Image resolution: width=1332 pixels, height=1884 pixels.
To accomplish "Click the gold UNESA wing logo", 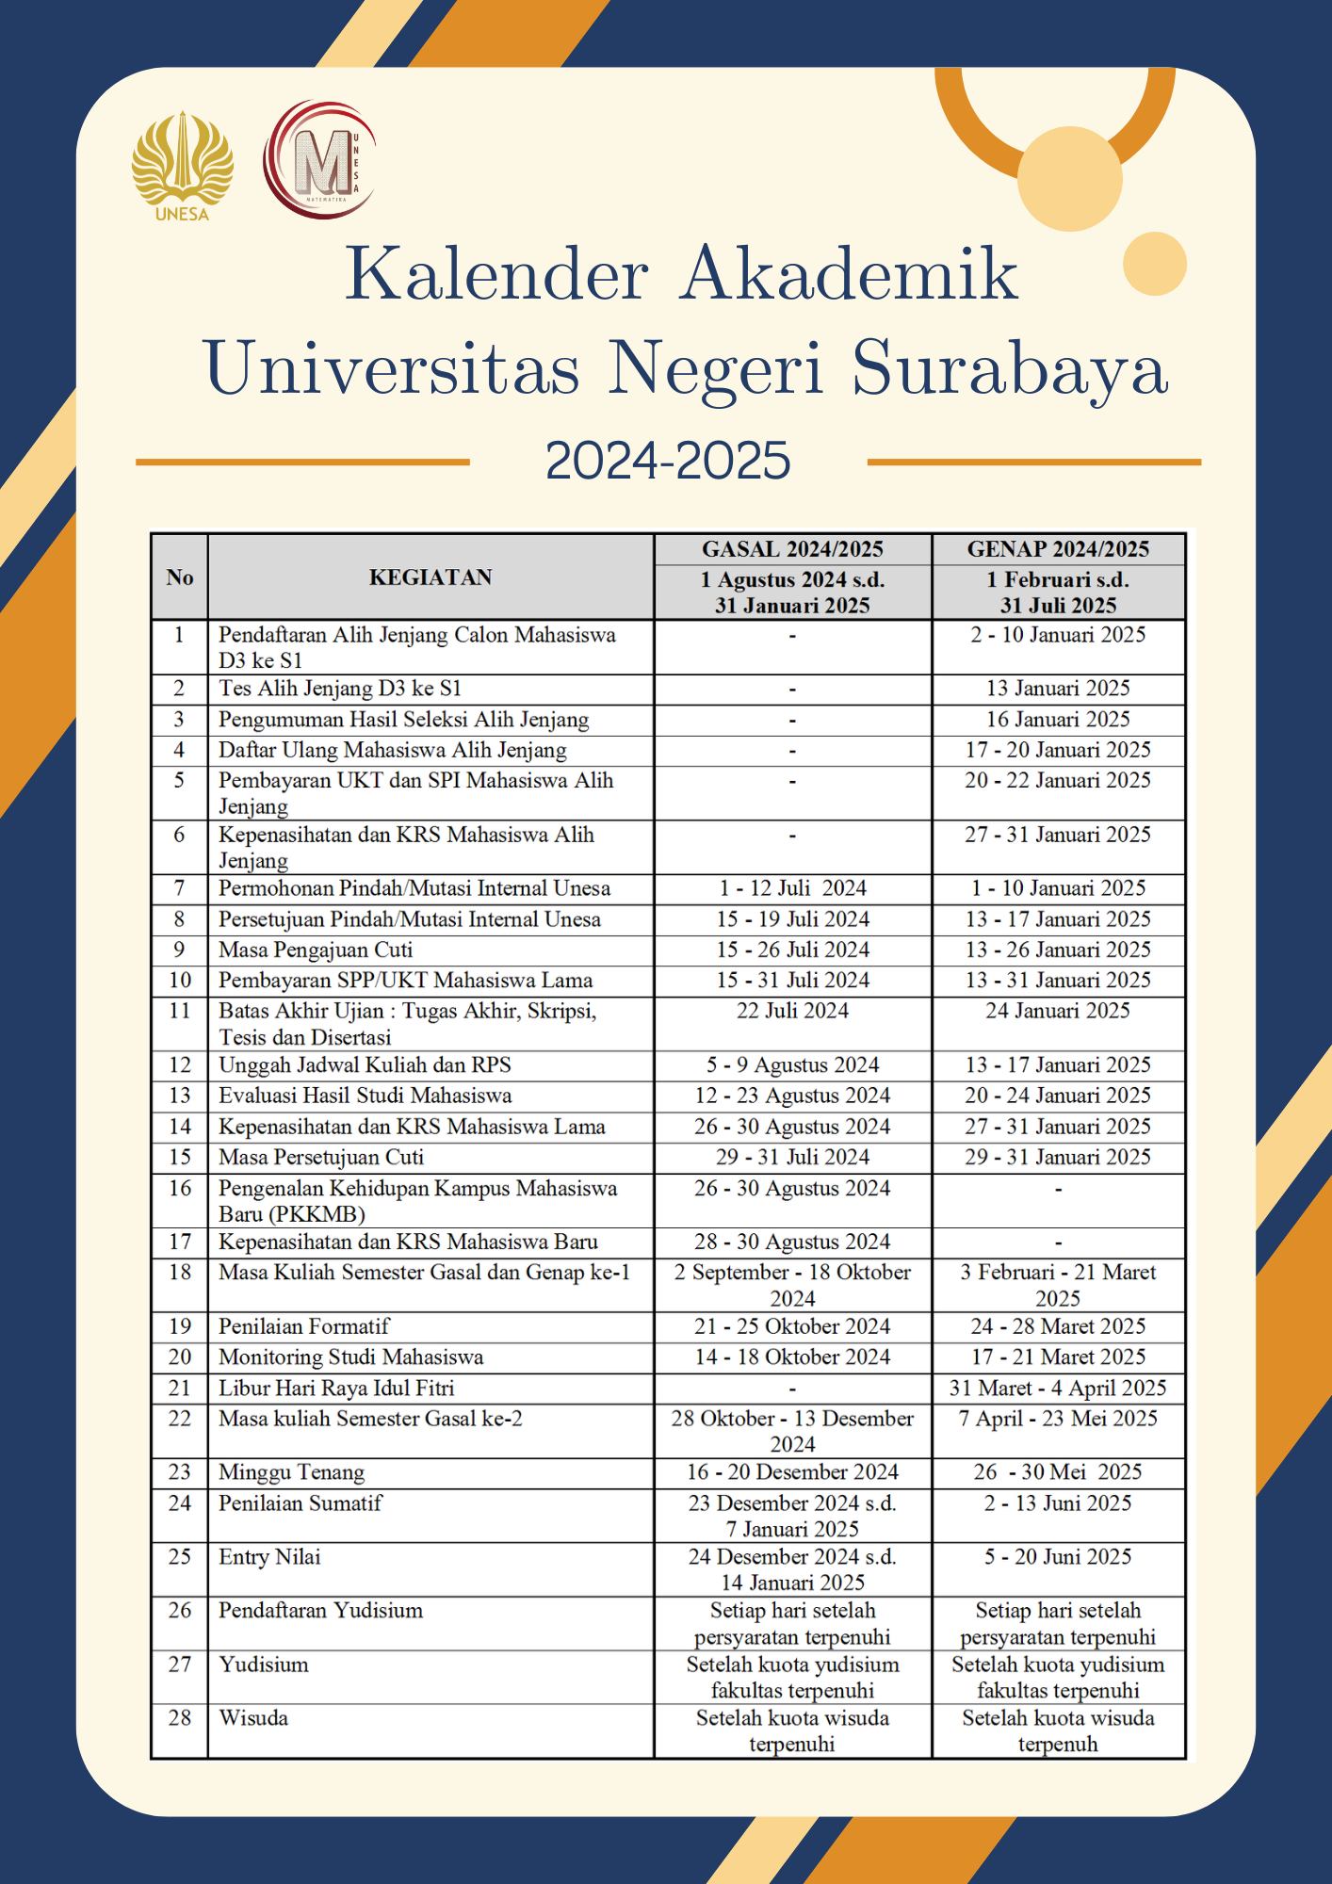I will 182,166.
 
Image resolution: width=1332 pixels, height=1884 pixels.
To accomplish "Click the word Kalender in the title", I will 496,274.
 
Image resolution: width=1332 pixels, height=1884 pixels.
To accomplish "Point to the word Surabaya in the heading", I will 1010,367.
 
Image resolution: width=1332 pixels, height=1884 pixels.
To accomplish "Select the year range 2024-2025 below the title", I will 668,461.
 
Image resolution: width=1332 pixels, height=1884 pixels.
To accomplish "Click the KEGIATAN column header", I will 430,577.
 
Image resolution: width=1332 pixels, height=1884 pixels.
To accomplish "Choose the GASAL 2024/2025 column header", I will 792,549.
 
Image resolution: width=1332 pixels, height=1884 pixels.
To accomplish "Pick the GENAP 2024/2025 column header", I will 1058,549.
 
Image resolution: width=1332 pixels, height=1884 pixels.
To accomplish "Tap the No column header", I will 180,577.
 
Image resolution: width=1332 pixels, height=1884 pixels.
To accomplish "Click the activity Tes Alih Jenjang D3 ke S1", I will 340,689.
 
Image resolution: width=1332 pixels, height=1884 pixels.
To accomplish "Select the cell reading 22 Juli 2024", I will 792,1011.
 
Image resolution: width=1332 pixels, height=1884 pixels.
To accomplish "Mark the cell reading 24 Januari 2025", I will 1058,1011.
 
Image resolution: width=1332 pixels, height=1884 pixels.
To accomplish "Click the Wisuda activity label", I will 253,1718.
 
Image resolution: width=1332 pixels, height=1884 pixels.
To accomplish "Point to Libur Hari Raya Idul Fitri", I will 336,1388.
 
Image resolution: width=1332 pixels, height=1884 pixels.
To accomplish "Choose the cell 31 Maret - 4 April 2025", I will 1058,1388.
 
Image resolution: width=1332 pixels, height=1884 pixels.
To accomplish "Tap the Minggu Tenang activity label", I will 291,1472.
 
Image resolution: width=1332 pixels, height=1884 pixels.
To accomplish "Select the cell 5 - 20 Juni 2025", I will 1058,1557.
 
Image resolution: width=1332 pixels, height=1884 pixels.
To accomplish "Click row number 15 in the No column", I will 180,1157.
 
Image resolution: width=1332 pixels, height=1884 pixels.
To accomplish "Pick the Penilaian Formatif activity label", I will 303,1326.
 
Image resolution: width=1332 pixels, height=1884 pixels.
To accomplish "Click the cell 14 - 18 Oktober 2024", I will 792,1356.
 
